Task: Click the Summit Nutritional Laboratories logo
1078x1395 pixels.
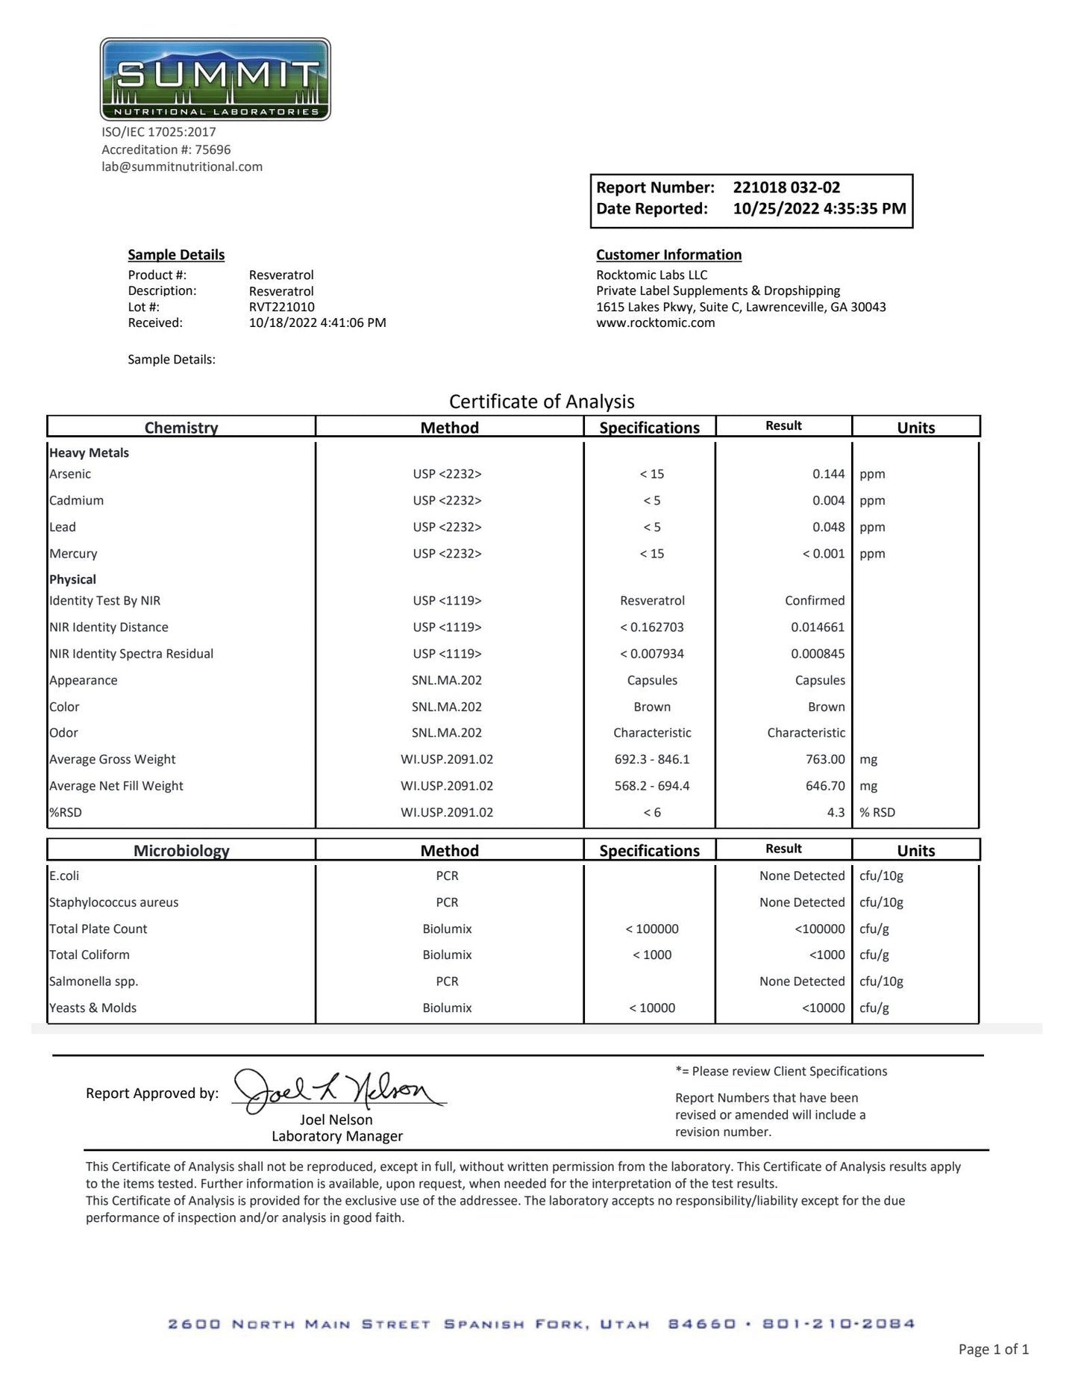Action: [215, 79]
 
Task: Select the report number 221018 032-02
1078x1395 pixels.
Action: [786, 187]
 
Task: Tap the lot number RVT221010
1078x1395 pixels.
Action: [281, 307]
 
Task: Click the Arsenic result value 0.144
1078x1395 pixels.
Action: [828, 474]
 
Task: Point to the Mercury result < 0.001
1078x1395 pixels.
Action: [824, 554]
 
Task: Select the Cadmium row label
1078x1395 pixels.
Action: [76, 501]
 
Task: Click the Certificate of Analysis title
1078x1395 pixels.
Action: [542, 402]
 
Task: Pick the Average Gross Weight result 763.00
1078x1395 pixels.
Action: [825, 759]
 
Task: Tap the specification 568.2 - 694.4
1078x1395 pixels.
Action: [652, 786]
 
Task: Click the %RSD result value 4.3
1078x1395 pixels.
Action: [836, 812]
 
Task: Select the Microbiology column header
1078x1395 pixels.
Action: [181, 851]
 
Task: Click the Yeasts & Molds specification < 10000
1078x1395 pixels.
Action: [652, 1008]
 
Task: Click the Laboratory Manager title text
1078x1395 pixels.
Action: [337, 1136]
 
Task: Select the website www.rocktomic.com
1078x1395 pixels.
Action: [655, 323]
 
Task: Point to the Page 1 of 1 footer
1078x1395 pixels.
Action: [993, 1349]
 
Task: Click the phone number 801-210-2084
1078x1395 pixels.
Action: [839, 1324]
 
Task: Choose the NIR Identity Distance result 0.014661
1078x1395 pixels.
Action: [818, 627]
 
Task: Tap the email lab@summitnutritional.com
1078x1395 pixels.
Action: [182, 166]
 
